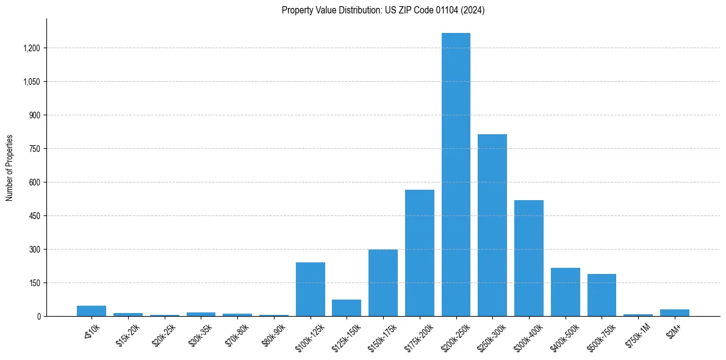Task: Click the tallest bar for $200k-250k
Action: point(456,175)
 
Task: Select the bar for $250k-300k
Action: point(492,225)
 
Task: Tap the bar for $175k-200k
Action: point(420,253)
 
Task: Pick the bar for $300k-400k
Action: point(529,258)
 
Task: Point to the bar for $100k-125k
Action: point(311,289)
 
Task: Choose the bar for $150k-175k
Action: point(383,283)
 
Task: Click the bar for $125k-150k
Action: point(347,308)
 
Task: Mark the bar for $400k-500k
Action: point(566,292)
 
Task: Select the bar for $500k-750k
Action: point(602,295)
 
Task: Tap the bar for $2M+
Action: point(675,312)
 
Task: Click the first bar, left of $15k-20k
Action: point(92,311)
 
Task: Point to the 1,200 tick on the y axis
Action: point(32,48)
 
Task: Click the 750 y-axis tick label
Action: point(34,149)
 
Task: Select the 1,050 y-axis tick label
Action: point(32,82)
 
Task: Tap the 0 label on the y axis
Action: point(38,317)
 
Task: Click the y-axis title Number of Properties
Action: point(10,168)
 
